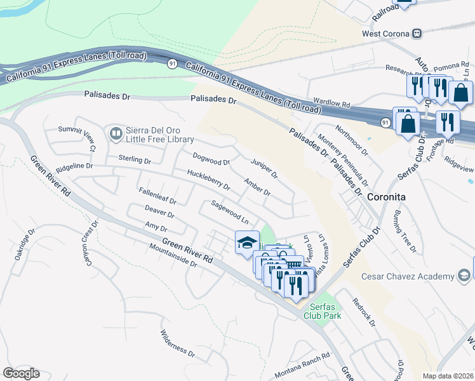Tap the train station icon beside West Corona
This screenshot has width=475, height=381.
click(417, 33)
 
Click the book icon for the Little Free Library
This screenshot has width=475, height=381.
click(116, 133)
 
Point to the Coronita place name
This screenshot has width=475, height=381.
click(387, 197)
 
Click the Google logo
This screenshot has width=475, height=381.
click(21, 373)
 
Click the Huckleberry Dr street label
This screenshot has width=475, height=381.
click(208, 179)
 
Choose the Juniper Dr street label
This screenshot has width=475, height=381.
click(264, 168)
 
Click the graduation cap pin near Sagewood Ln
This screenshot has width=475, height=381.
click(247, 243)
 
